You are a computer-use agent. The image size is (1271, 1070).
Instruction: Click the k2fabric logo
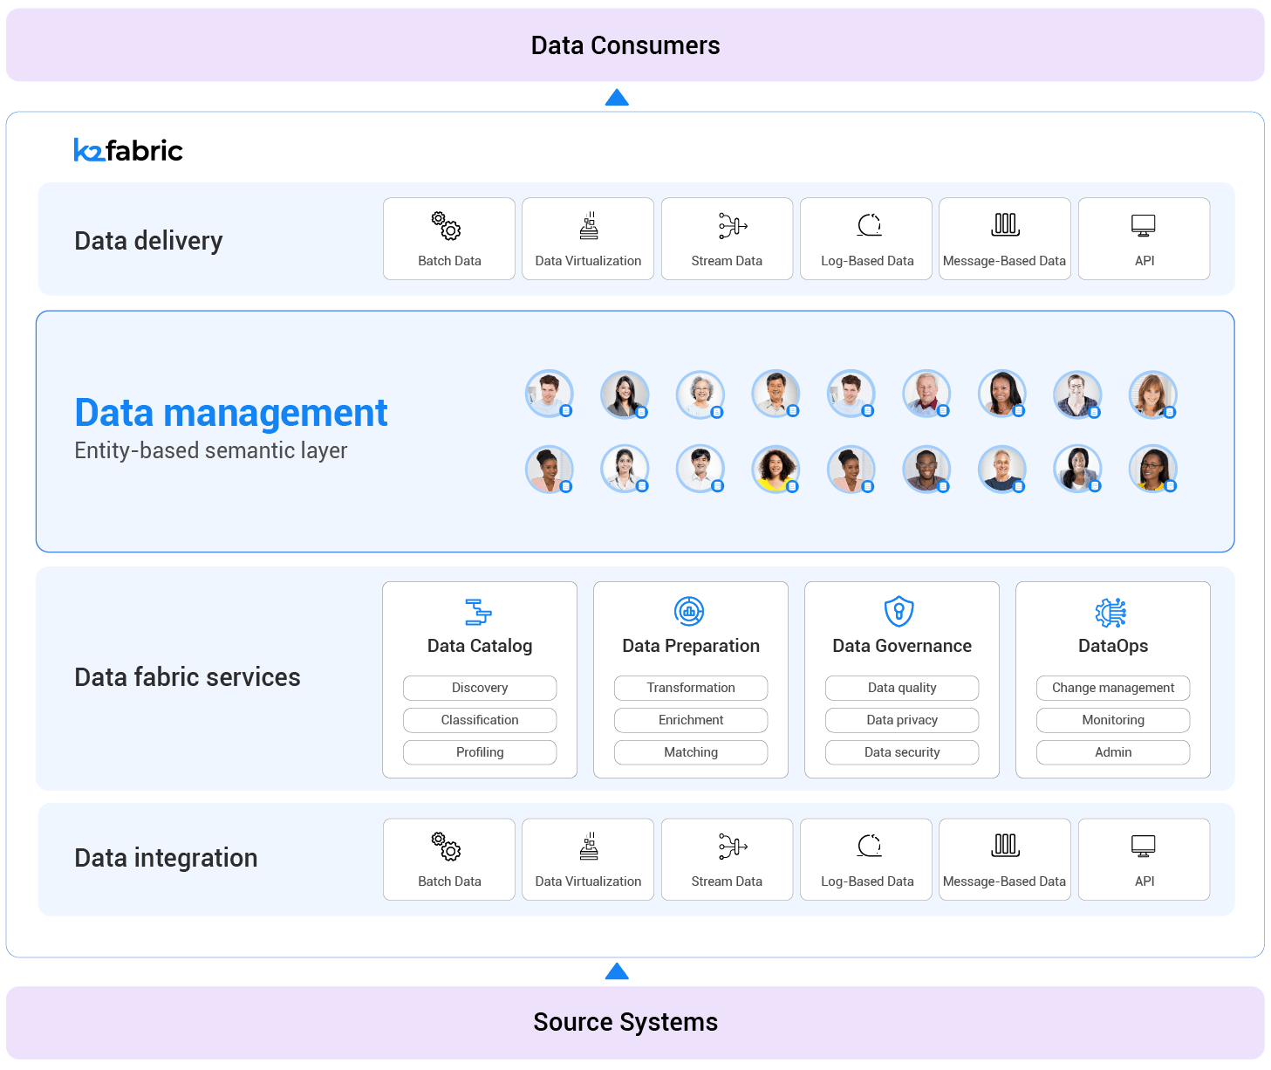click(128, 150)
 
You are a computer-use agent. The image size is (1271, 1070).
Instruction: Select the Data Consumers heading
click(625, 45)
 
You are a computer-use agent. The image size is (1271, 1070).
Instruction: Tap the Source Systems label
click(625, 1022)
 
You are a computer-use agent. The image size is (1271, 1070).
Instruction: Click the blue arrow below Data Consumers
click(617, 97)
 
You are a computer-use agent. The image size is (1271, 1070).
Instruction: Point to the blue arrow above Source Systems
click(617, 971)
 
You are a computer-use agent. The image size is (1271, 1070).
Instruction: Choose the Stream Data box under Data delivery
click(727, 239)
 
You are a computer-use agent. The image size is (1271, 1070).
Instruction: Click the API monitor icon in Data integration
click(1143, 846)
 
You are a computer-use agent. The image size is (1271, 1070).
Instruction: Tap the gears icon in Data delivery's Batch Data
click(446, 225)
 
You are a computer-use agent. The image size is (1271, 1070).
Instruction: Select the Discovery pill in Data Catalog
click(480, 688)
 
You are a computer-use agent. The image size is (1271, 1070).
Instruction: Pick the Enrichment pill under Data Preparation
click(691, 720)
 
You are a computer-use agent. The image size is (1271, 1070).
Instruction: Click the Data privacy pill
click(902, 720)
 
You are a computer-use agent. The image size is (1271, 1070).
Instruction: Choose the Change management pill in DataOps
click(1113, 688)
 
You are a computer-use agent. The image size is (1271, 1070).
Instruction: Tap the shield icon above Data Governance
click(899, 612)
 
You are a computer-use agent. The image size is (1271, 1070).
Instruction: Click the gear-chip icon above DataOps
click(1110, 613)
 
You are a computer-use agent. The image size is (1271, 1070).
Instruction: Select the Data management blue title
click(231, 413)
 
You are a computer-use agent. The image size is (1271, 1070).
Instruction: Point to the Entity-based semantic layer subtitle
click(211, 450)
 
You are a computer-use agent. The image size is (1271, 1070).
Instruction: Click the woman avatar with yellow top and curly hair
click(775, 469)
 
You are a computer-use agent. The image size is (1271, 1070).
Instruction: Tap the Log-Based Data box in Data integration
click(866, 860)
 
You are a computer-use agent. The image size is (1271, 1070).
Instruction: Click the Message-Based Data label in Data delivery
click(1004, 261)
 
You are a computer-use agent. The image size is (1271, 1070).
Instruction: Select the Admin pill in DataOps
click(1113, 752)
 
